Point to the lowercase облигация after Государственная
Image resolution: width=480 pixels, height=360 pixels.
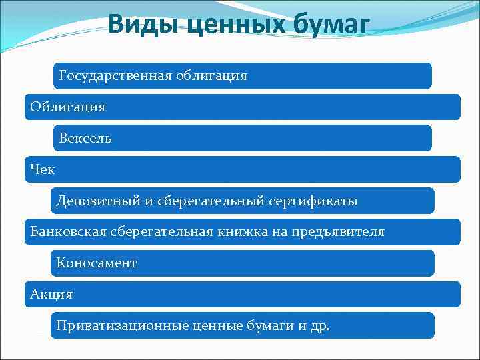[x=211, y=76]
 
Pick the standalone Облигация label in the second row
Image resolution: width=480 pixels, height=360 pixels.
[x=67, y=107]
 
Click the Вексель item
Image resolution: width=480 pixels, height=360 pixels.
[x=85, y=139]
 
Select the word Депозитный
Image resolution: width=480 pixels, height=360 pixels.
[x=90, y=201]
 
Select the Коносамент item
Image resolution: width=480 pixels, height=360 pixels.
[x=97, y=263]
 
